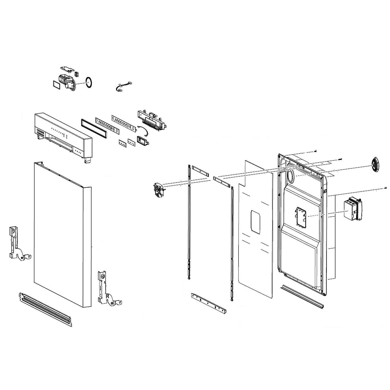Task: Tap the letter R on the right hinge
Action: [108, 296]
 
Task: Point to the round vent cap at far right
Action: [375, 164]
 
